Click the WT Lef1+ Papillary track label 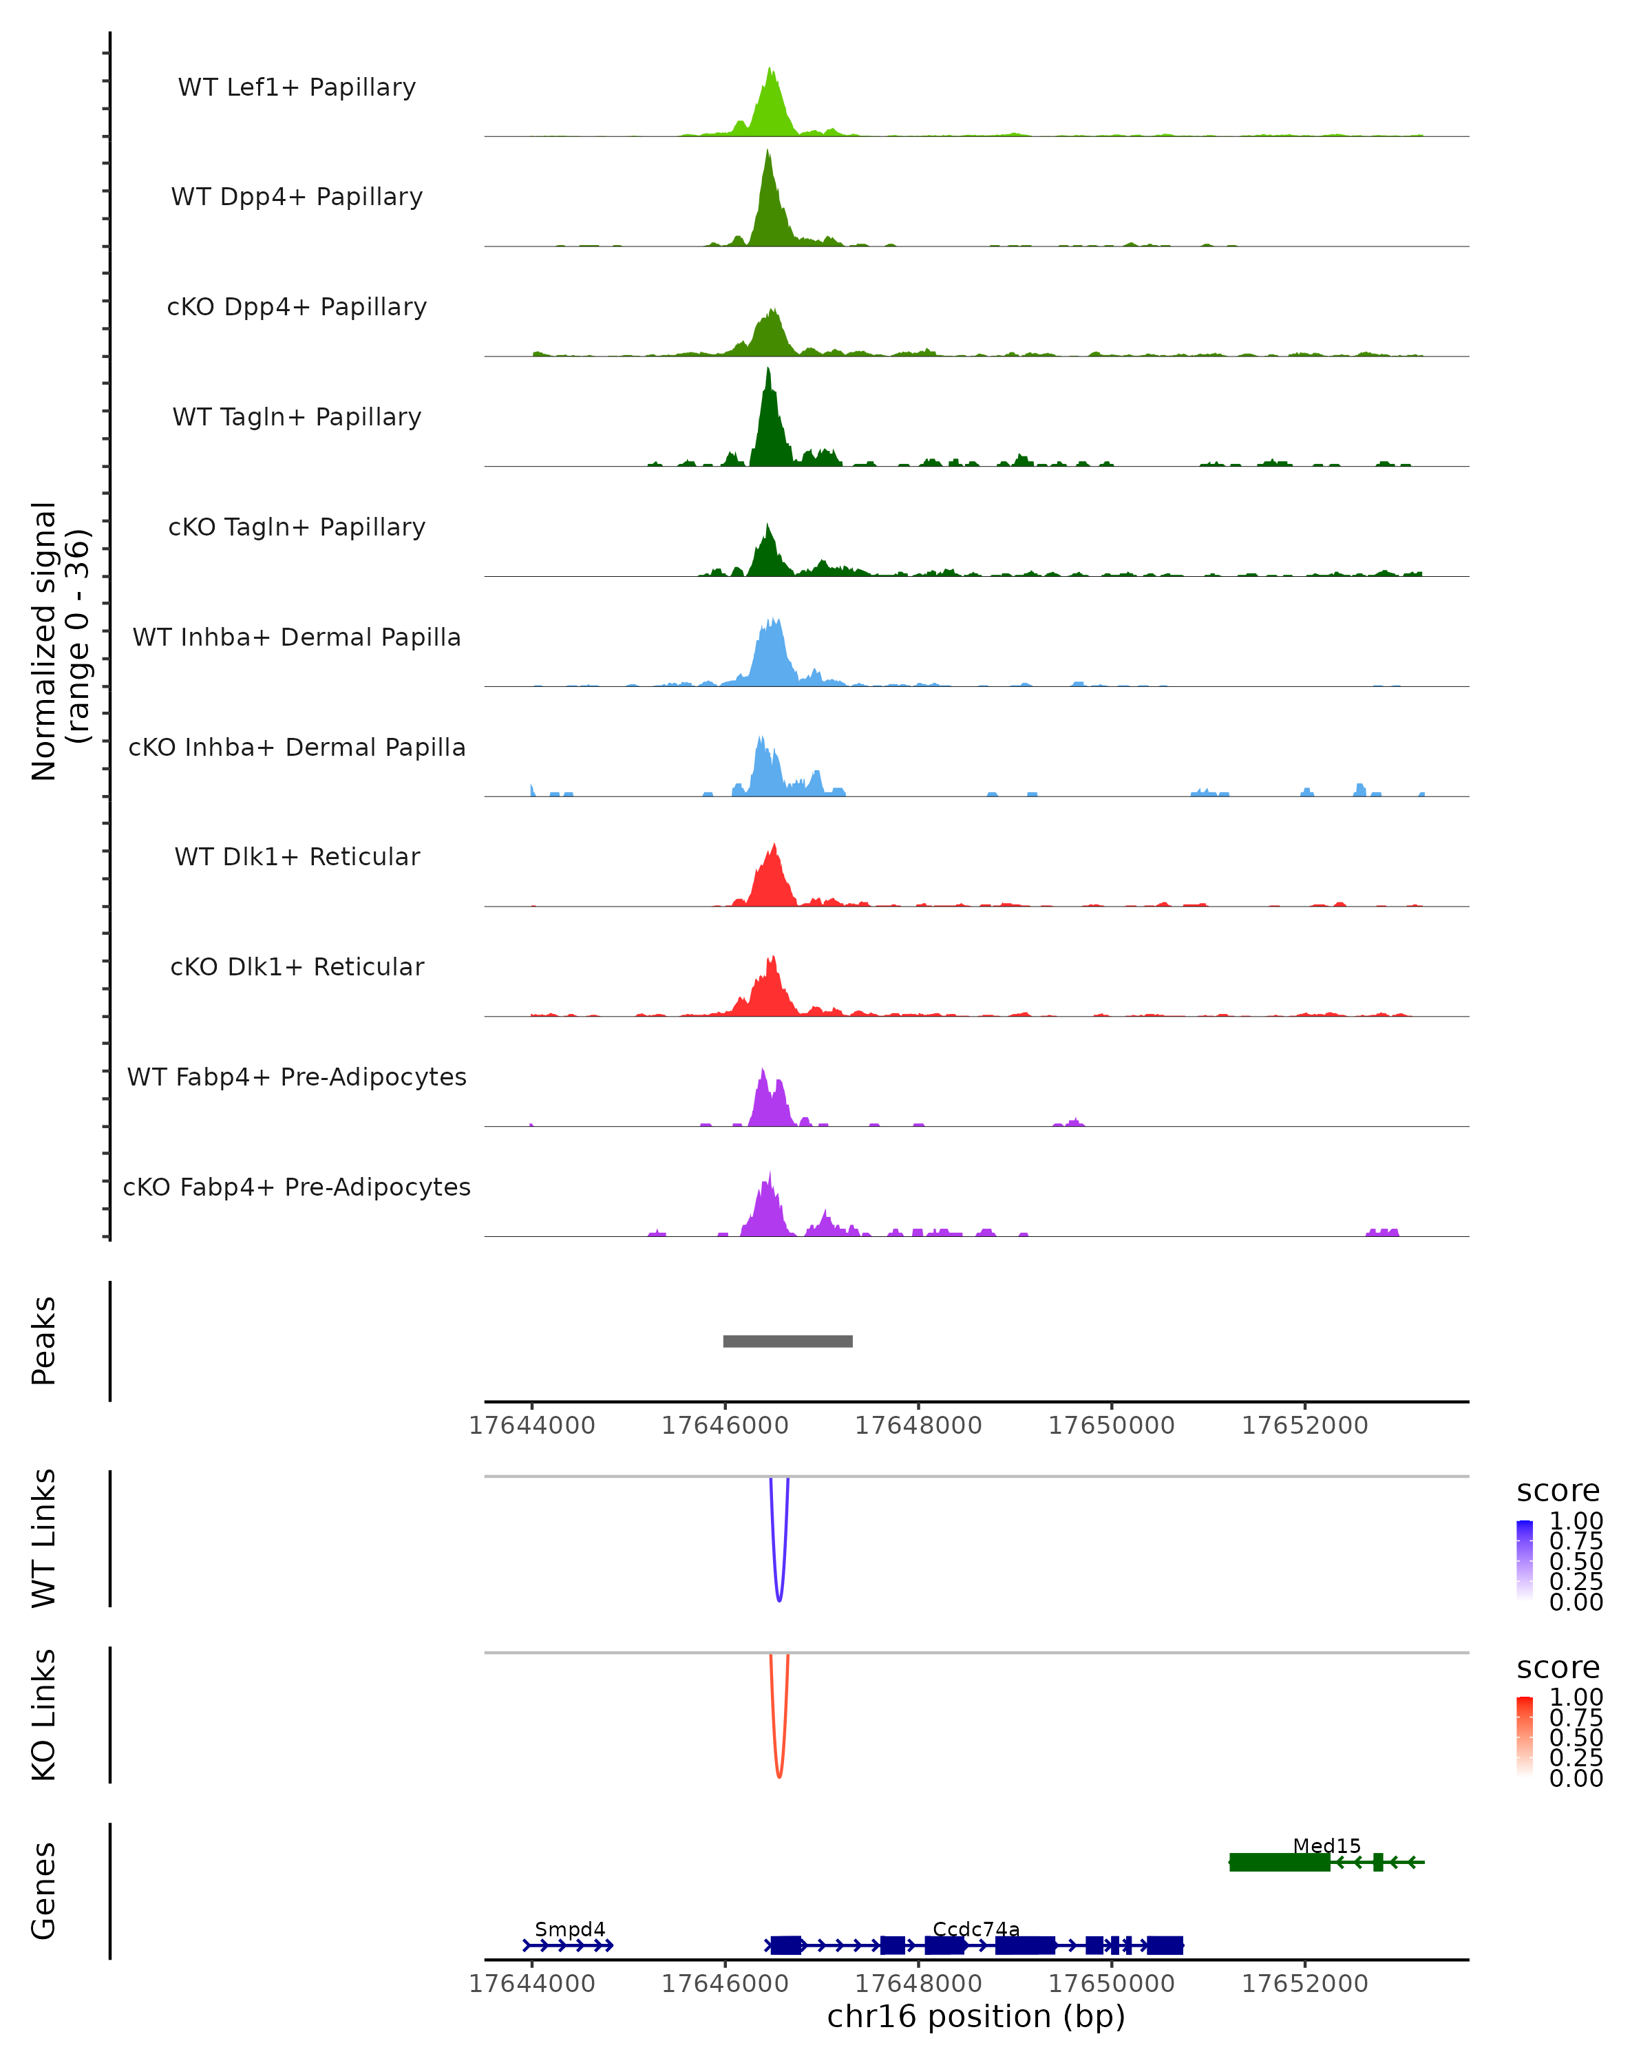[x=297, y=87]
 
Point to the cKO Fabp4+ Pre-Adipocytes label [x=297, y=1187]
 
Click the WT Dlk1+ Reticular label [x=297, y=856]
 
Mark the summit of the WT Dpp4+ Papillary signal [x=767, y=153]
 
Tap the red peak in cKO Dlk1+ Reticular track [x=772, y=960]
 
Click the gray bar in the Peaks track [x=787, y=1341]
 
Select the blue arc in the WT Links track [x=779, y=1598]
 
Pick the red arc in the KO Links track [x=779, y=1775]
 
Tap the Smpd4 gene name [x=570, y=1929]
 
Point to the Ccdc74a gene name [x=976, y=1929]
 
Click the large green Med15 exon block [x=1278, y=1862]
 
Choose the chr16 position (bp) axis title [x=976, y=2017]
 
